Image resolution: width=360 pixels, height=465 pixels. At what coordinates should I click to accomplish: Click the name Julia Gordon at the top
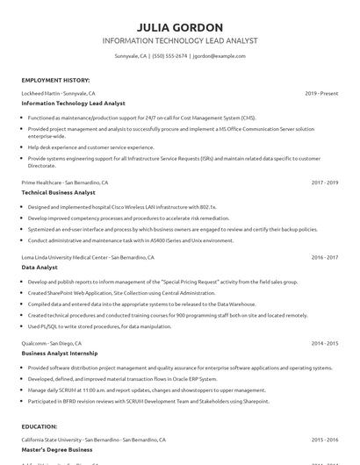pos(180,27)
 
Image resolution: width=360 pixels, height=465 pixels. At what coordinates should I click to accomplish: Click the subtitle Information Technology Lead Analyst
pos(180,41)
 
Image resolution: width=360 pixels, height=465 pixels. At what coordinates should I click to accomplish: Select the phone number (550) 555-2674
pos(169,56)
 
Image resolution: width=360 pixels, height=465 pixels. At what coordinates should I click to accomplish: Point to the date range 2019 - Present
pos(321,92)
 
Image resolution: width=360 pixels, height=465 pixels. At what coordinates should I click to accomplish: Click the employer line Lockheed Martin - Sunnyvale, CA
pos(59,92)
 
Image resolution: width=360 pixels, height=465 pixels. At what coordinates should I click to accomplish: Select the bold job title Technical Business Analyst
pos(59,192)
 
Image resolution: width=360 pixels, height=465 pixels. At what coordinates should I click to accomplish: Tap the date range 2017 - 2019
pos(324,182)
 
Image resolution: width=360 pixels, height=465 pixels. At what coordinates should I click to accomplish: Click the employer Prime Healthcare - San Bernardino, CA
pos(66,182)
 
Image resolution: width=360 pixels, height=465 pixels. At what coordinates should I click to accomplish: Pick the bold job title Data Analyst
pos(40,268)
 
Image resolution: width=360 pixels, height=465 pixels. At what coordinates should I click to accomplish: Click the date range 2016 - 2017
pos(324,258)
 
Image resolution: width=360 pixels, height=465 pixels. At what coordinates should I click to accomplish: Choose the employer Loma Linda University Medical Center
pos(88,258)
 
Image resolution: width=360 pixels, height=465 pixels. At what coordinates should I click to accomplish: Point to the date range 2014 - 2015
pos(324,344)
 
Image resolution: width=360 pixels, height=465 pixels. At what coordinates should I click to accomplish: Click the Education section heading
pos(40,426)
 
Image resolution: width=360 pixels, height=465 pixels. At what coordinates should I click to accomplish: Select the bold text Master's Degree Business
pos(57,448)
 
